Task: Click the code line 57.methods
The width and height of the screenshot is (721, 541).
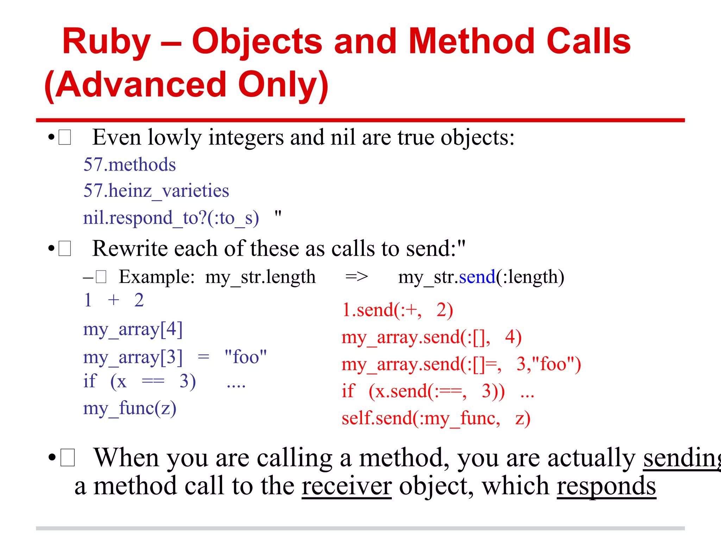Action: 130,164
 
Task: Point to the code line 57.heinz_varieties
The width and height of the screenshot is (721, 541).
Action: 156,191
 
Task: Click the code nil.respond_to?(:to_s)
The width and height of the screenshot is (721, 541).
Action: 171,218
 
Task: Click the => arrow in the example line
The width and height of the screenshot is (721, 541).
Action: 356,277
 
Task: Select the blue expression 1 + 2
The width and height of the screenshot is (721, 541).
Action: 114,300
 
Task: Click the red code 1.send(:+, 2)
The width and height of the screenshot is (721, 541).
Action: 397,310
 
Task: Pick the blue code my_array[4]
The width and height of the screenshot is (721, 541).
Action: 133,330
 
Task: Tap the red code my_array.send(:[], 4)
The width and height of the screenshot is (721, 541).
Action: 431,337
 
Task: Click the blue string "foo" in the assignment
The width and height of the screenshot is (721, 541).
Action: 246,357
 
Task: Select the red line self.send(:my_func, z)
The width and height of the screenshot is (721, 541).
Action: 436,418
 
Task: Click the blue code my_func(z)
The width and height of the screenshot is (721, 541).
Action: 130,409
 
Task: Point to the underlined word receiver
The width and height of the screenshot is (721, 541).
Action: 346,486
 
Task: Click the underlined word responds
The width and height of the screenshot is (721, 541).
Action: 606,486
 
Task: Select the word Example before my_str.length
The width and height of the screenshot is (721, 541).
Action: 156,277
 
